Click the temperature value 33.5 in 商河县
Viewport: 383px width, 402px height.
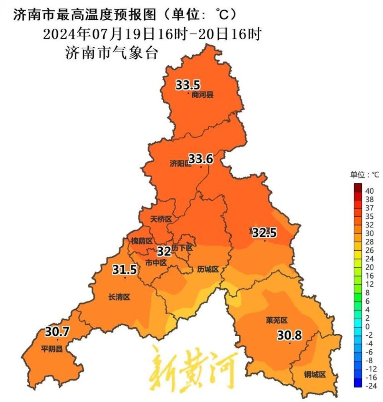pyautogui.click(x=188, y=85)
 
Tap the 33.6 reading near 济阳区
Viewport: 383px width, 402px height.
pyautogui.click(x=201, y=159)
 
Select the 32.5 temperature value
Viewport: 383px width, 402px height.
pyautogui.click(x=264, y=232)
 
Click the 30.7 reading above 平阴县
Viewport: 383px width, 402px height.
pyautogui.click(x=57, y=331)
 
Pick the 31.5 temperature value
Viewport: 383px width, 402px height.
pyautogui.click(x=124, y=269)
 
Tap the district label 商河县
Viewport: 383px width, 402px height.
pyautogui.click(x=202, y=95)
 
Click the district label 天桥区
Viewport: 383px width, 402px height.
pyautogui.click(x=161, y=219)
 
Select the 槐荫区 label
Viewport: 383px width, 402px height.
pyautogui.click(x=142, y=241)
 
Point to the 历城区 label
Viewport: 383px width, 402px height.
pyautogui.click(x=208, y=269)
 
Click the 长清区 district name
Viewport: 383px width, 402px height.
pyautogui.click(x=119, y=297)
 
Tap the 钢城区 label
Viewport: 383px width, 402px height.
pyautogui.click(x=315, y=374)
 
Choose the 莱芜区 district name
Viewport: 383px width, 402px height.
pyautogui.click(x=276, y=320)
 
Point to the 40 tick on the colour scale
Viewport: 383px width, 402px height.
pyautogui.click(x=369, y=190)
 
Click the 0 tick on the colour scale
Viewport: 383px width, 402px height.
pyautogui.click(x=367, y=326)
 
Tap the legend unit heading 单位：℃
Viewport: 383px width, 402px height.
pyautogui.click(x=365, y=174)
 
